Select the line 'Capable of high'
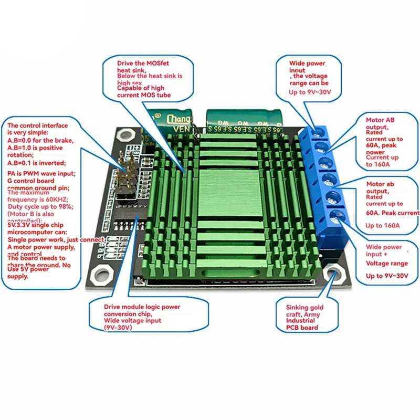coord(142,88)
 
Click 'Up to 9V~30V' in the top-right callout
coord(313,93)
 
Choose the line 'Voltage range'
coord(387,264)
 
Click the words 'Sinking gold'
coord(304,308)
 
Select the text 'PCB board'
coord(302,328)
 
